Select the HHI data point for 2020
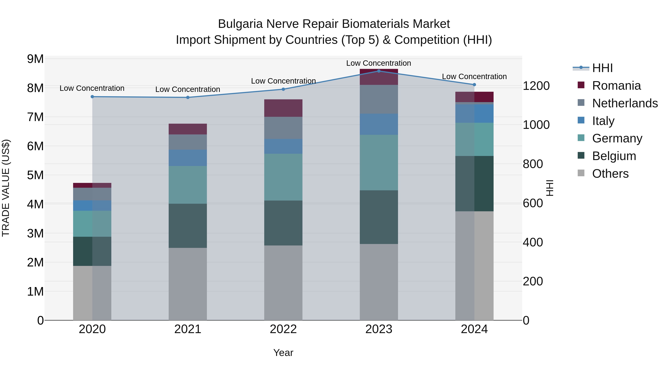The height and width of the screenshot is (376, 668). [x=92, y=97]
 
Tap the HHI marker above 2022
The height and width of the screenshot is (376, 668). [x=283, y=89]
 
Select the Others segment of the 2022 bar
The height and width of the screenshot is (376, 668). [x=283, y=283]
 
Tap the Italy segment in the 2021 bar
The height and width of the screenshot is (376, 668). [x=188, y=158]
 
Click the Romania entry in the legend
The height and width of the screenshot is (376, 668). [x=616, y=86]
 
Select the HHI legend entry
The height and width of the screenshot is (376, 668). [x=602, y=68]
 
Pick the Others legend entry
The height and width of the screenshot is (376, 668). [x=610, y=174]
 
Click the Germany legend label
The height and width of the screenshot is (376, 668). [x=617, y=139]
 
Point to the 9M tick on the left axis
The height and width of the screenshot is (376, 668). [x=35, y=59]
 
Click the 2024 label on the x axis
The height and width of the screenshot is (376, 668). [x=474, y=329]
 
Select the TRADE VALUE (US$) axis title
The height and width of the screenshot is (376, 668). [x=6, y=188]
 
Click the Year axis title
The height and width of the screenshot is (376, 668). [x=283, y=353]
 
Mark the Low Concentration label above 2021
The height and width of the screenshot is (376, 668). [x=188, y=89]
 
